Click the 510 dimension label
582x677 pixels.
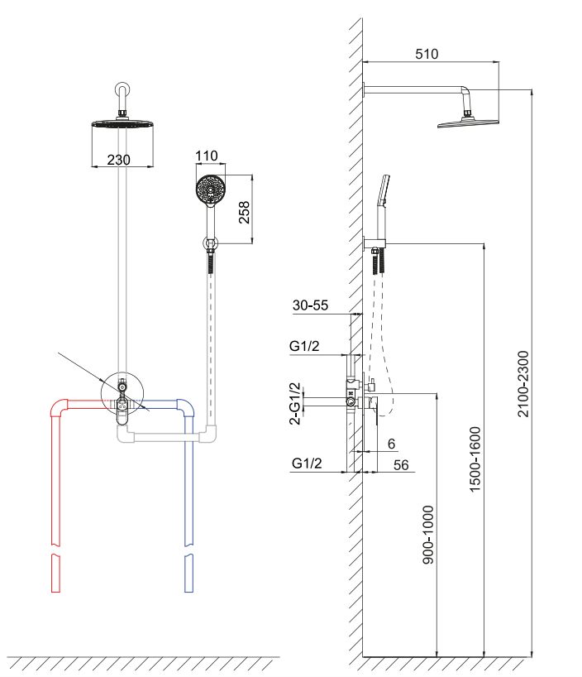(426, 55)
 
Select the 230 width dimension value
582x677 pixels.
(120, 160)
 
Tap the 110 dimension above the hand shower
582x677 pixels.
(206, 156)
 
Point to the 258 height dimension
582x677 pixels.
(243, 212)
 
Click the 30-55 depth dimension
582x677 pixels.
(311, 305)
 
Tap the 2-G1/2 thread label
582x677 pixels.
(295, 403)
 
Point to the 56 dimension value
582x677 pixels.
(401, 465)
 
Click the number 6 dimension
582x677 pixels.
(391, 444)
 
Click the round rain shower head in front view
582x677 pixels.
(122, 125)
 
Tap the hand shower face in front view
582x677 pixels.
(210, 190)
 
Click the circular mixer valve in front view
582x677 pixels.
(123, 393)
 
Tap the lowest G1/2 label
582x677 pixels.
(308, 464)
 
